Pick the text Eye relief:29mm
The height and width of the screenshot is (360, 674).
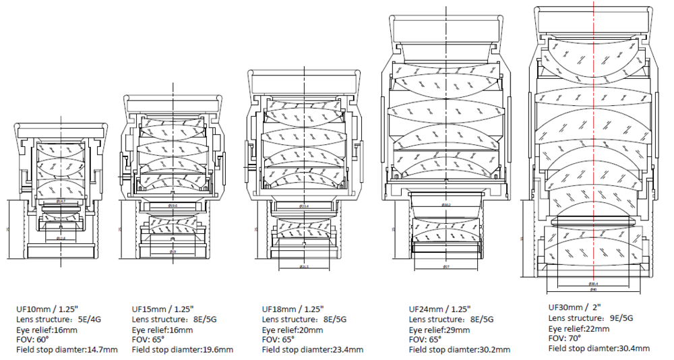point(441,330)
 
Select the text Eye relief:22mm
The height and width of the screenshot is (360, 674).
point(579,328)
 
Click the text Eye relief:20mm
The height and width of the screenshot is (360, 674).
point(292,330)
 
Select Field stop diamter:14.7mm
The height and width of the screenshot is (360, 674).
point(67,350)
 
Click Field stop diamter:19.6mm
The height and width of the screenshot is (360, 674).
point(183,350)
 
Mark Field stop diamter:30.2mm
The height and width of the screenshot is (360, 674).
point(460,350)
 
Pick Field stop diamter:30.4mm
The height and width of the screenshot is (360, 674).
point(599,349)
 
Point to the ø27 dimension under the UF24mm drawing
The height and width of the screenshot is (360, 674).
point(446,267)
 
